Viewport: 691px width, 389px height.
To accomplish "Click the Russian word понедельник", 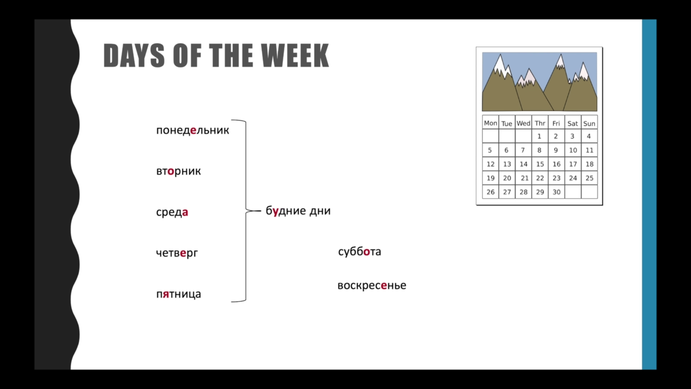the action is click(x=193, y=130).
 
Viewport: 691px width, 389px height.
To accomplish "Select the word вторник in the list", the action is click(x=178, y=171).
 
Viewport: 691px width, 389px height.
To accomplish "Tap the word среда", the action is click(x=172, y=212).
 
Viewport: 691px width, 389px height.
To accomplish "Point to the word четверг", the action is click(x=177, y=253).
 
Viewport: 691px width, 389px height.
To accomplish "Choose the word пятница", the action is click(x=178, y=294).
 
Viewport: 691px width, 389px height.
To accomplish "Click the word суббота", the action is click(x=360, y=251).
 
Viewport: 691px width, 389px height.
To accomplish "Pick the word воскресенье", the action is click(x=372, y=285).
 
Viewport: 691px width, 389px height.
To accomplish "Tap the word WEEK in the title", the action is click(x=295, y=56).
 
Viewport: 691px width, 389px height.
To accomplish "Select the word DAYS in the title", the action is click(x=134, y=56).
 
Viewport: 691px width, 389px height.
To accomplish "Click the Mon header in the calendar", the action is click(x=491, y=123).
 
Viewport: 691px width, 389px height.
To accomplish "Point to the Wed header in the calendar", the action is click(x=524, y=123).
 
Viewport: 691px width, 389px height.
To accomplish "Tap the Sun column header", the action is click(x=589, y=124).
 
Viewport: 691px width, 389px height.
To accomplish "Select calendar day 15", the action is click(x=540, y=164).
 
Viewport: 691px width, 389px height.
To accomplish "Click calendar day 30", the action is click(x=557, y=192).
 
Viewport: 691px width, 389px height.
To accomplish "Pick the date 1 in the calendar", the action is click(x=539, y=136).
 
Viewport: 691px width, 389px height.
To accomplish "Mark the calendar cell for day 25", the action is click(x=590, y=178).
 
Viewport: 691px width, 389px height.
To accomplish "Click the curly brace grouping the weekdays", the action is click(x=246, y=211).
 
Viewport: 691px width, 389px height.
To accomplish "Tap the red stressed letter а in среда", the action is click(x=185, y=212).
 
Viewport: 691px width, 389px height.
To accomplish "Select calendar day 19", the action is click(x=491, y=178).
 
